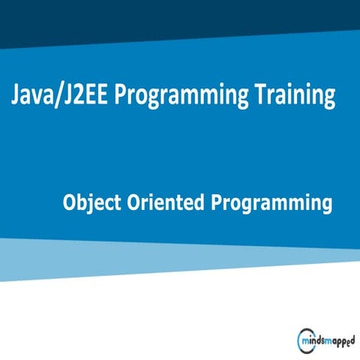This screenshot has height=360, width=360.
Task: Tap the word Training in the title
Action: tap(292, 95)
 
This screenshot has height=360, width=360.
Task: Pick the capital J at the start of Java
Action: tap(16, 96)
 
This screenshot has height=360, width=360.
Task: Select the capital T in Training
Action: tap(259, 95)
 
